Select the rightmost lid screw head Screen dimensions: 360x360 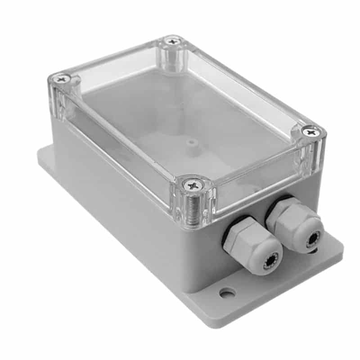310,131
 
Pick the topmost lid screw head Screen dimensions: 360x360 171,41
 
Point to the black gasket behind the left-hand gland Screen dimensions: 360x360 229,227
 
